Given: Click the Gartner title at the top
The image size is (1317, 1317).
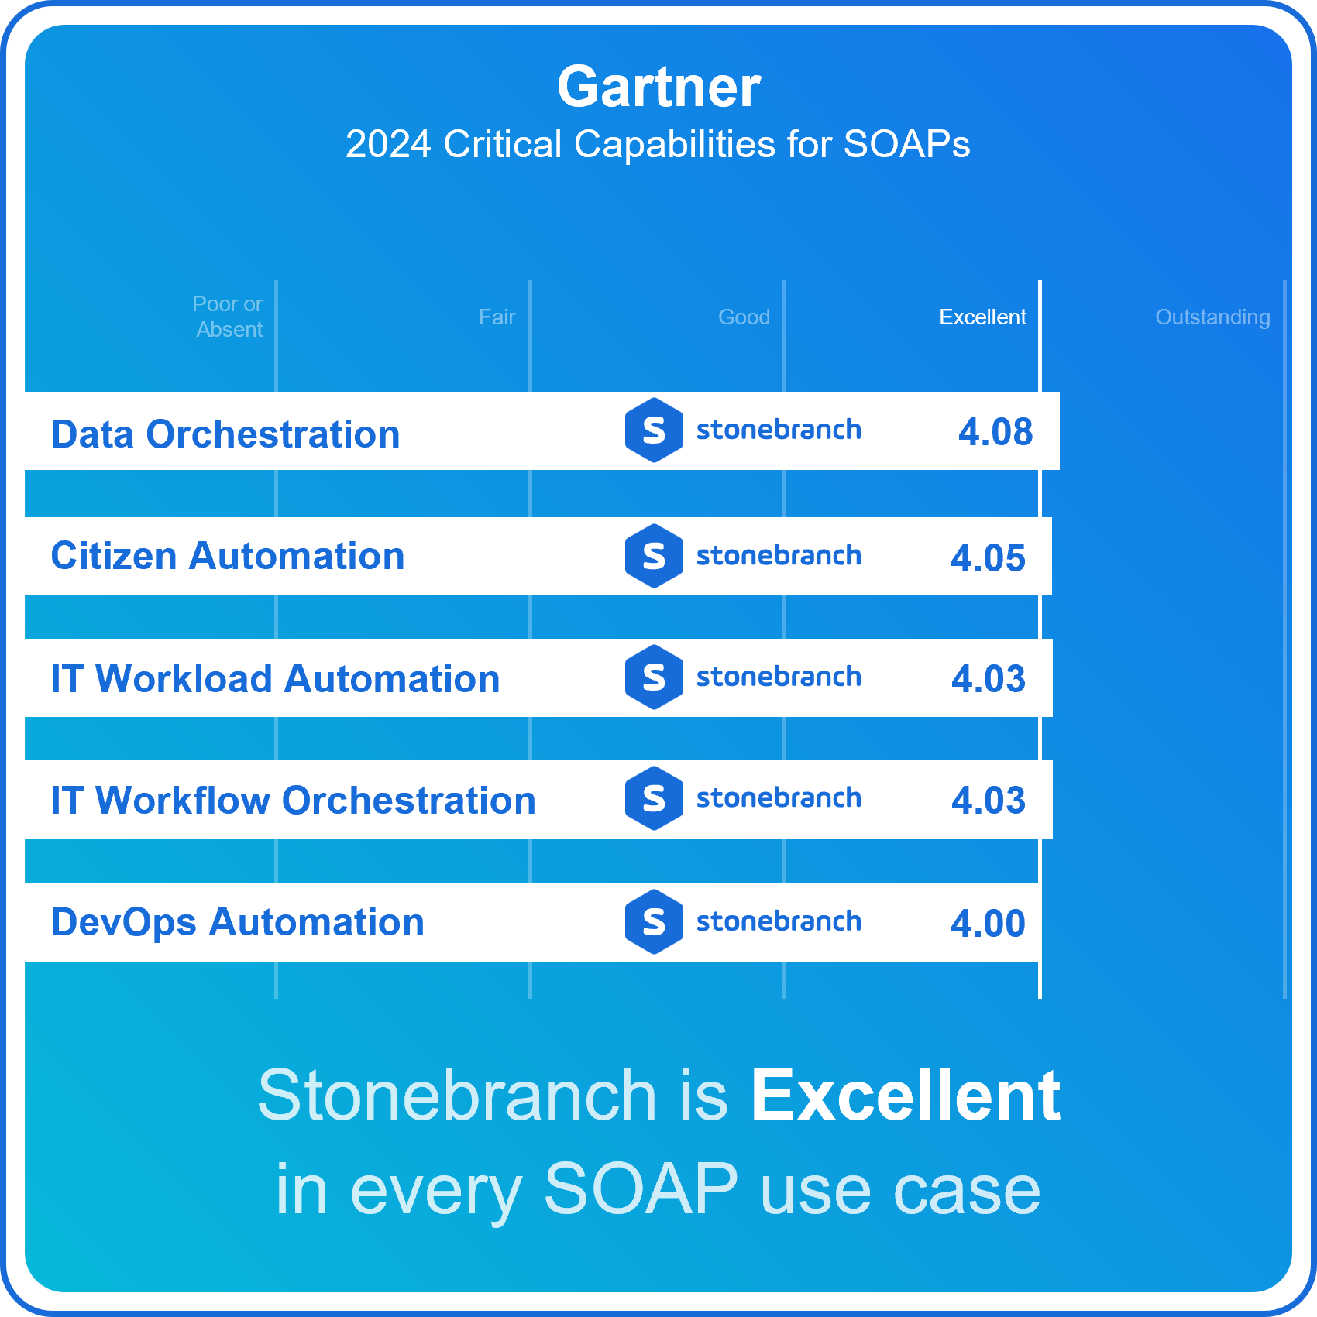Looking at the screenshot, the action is [658, 87].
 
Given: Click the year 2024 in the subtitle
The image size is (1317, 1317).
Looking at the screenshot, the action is [388, 144].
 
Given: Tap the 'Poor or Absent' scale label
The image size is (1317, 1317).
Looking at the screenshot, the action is [228, 317].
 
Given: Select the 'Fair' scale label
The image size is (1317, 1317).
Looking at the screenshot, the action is [497, 317].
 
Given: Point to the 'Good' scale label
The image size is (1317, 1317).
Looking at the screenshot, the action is [744, 317].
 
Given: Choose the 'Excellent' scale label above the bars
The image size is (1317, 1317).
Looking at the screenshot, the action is [982, 317].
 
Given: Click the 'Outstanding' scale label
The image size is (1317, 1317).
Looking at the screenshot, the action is [1212, 317].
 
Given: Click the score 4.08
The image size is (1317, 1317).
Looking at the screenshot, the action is [995, 432].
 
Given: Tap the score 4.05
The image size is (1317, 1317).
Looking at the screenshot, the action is [988, 558].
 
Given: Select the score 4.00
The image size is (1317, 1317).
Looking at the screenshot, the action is [988, 924].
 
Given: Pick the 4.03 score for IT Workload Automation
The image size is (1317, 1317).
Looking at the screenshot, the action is [989, 679].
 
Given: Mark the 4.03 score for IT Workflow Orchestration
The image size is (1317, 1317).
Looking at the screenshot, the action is [989, 801].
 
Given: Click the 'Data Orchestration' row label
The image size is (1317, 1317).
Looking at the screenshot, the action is [225, 434].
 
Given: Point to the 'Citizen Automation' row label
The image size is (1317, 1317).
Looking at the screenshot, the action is [228, 556].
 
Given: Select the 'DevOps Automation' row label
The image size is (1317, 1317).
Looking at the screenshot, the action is [238, 923].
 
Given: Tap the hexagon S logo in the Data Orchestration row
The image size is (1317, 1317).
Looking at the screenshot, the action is [654, 430].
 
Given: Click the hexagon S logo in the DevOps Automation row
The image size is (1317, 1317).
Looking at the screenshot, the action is [654, 922].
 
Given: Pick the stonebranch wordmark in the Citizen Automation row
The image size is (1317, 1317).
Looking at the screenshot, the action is [779, 556].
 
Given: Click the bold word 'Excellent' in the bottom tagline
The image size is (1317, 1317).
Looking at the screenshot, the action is [906, 1096].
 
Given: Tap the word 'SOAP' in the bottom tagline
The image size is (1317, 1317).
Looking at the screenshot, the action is [641, 1189].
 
